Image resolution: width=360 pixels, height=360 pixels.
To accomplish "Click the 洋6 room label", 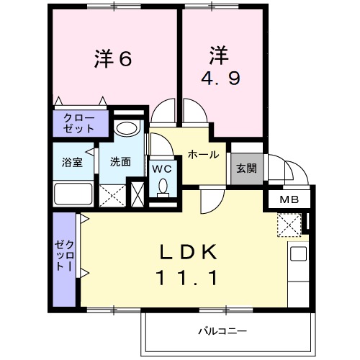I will (114, 60).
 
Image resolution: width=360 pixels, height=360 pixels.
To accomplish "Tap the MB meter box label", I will (289, 199).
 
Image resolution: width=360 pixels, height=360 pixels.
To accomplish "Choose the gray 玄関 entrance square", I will (246, 169).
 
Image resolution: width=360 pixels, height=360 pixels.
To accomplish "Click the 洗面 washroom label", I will (120, 161).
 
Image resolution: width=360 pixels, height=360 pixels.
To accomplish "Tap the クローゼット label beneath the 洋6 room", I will (78, 122).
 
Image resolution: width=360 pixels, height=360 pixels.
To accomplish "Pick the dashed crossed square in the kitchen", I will (292, 225).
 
